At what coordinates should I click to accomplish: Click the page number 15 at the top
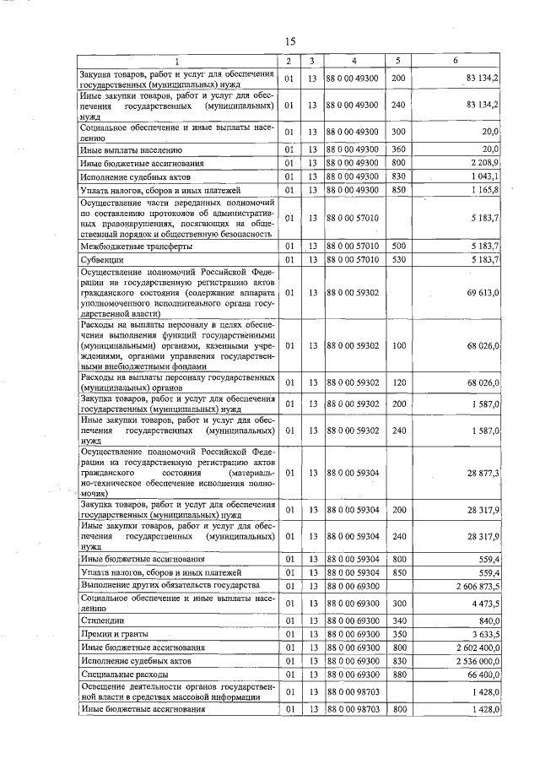point(289,41)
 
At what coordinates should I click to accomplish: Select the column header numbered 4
point(354,62)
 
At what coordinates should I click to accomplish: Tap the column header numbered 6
point(455,62)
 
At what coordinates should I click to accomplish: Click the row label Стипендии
point(100,618)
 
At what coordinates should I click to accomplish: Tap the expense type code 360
point(398,149)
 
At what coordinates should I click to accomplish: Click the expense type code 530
point(398,259)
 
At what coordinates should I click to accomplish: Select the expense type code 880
point(398,675)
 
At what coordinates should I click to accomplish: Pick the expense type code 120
point(398,382)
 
